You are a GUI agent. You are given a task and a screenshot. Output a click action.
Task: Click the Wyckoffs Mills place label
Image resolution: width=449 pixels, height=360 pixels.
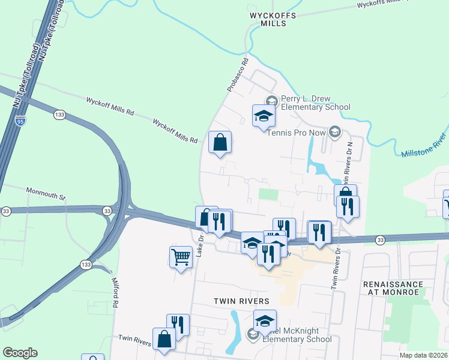coord(270,19)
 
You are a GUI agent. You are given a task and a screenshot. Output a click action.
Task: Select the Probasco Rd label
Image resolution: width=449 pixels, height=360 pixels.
coord(238,75)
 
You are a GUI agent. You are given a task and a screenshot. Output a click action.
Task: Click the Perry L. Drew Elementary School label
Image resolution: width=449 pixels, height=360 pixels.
coord(315,103)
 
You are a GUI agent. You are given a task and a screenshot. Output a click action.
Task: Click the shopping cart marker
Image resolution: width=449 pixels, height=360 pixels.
coord(180,257)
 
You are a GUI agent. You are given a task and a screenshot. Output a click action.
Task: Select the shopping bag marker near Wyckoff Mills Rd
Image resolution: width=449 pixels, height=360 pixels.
coord(220,143)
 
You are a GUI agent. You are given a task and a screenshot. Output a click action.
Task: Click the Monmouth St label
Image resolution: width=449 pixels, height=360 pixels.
coord(46,193)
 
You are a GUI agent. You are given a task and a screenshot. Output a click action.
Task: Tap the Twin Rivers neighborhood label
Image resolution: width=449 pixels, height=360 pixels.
coord(240,300)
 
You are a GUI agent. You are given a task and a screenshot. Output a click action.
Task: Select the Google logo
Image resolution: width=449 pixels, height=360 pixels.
coord(20,353)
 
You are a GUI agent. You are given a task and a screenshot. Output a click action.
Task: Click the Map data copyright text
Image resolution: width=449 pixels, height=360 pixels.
coord(424,355)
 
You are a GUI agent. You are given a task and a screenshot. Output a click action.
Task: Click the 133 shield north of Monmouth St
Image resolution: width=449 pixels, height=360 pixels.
coord(59,114)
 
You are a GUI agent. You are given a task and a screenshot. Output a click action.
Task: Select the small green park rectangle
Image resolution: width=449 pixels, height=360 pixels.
coord(269,194)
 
